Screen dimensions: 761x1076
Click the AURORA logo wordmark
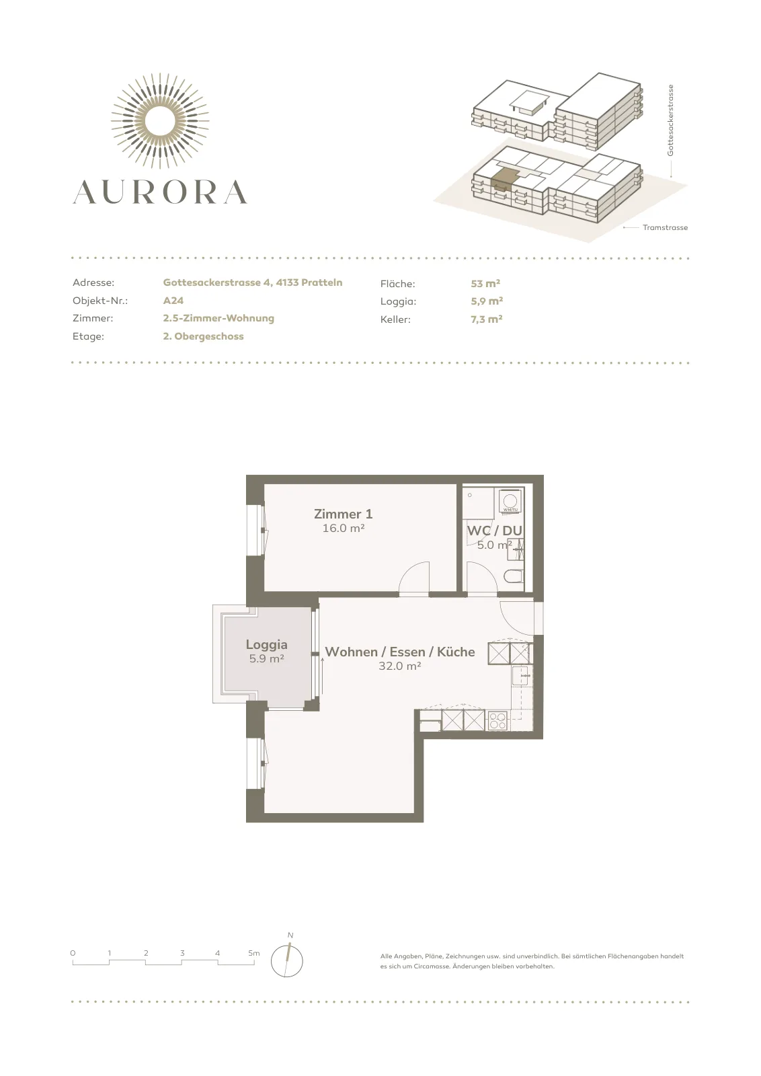[x=160, y=192]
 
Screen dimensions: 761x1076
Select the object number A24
[x=173, y=301]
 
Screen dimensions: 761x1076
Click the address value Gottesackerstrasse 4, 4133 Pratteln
[x=253, y=282]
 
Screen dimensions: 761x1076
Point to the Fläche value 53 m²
[x=486, y=283]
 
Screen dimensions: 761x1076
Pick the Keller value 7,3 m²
[x=487, y=319]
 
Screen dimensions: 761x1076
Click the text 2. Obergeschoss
[x=203, y=336]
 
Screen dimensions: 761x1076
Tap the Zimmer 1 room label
[x=344, y=514]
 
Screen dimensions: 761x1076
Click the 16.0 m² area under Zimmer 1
[x=344, y=529]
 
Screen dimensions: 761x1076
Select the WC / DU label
[x=495, y=531]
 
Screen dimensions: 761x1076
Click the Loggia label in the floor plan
[x=266, y=645]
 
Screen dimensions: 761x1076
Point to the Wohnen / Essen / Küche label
[x=400, y=652]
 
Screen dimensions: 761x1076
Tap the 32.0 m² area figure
[x=400, y=666]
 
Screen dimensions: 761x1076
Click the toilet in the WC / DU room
[x=514, y=576]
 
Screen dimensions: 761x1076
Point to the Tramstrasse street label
[x=665, y=228]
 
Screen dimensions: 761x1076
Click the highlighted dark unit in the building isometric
[x=504, y=178]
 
